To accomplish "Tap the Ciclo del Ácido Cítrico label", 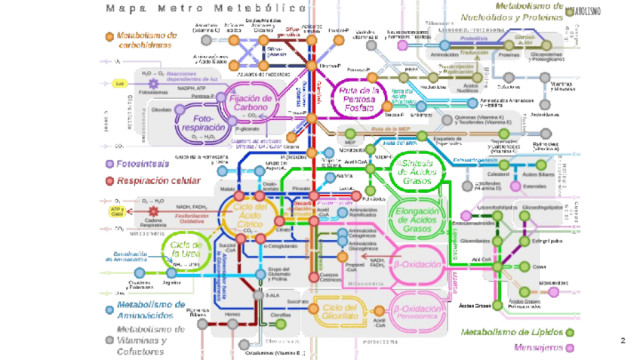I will coord(250,215).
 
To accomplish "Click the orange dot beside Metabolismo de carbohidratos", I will coord(110,35).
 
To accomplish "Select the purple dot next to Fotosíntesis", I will coord(110,163).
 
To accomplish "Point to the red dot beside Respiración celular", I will coord(110,181).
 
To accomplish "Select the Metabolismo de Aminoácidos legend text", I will coord(151,309).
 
